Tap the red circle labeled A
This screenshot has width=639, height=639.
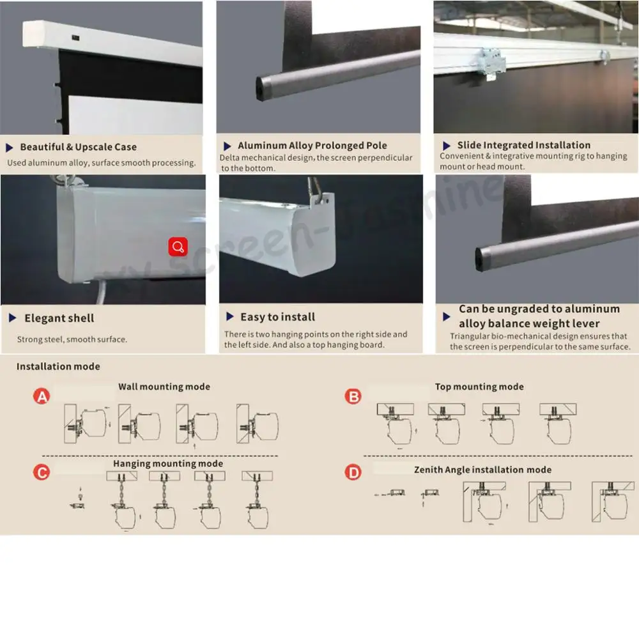pyautogui.click(x=42, y=397)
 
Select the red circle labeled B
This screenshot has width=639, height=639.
pyautogui.click(x=353, y=397)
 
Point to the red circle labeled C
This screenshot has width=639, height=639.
pyautogui.click(x=42, y=473)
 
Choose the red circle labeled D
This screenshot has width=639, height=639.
pyautogui.click(x=353, y=473)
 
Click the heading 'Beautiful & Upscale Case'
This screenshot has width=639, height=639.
pyautogui.click(x=78, y=147)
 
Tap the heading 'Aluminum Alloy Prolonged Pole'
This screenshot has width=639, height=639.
pyautogui.click(x=312, y=146)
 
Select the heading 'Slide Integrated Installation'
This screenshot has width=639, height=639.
pyautogui.click(x=523, y=145)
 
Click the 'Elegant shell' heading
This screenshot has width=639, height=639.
pyautogui.click(x=59, y=318)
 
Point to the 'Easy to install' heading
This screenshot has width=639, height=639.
pyautogui.click(x=277, y=317)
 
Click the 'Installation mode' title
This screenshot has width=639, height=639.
pyautogui.click(x=58, y=367)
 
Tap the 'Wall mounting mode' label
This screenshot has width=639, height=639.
pyautogui.click(x=164, y=387)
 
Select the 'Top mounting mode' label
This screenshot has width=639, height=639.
pyautogui.click(x=479, y=387)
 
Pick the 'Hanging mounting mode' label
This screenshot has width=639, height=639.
pyautogui.click(x=168, y=463)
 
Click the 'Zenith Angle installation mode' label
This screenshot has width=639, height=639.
pyautogui.click(x=482, y=470)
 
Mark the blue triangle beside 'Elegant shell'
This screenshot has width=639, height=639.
pyautogui.click(x=13, y=318)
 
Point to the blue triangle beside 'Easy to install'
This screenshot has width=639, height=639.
pyautogui.click(x=229, y=317)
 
